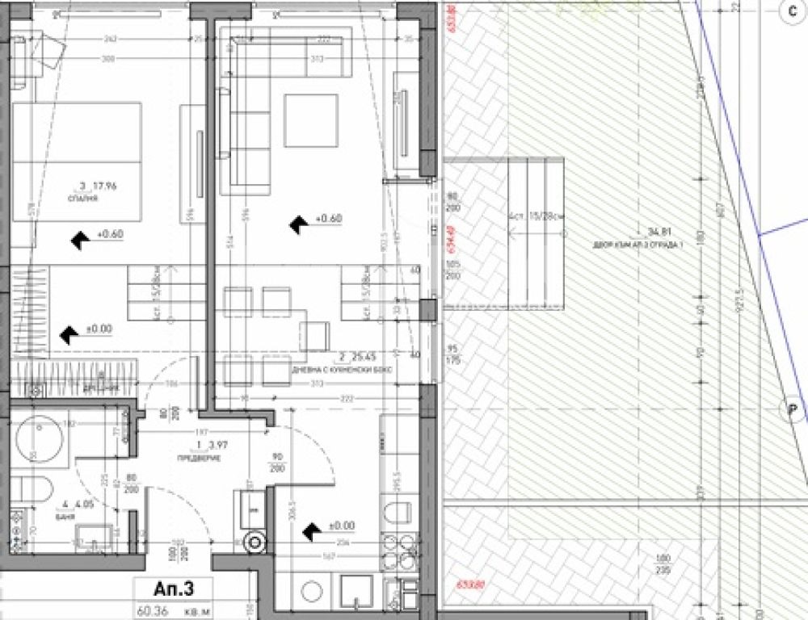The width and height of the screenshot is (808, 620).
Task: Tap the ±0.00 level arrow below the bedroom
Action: [72, 332]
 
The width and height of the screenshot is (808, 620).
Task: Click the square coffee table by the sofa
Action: [310, 120]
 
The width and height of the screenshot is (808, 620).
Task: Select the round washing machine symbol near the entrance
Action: [256, 543]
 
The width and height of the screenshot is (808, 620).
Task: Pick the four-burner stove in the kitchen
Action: [399, 552]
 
